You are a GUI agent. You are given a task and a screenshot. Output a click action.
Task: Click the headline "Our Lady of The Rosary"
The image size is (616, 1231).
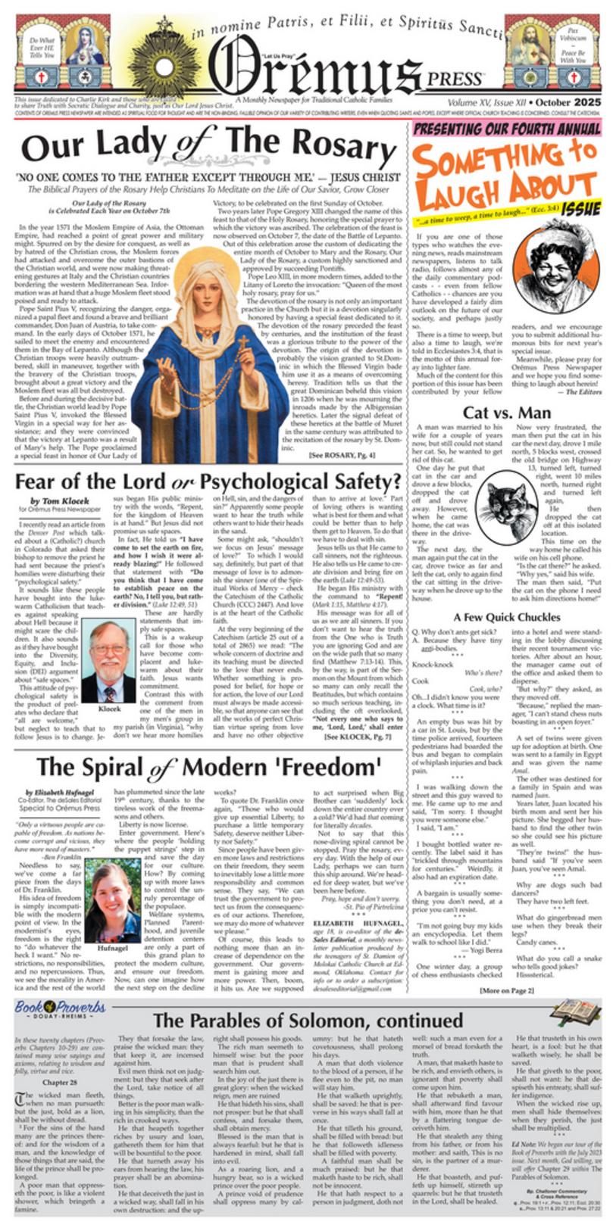208,145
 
